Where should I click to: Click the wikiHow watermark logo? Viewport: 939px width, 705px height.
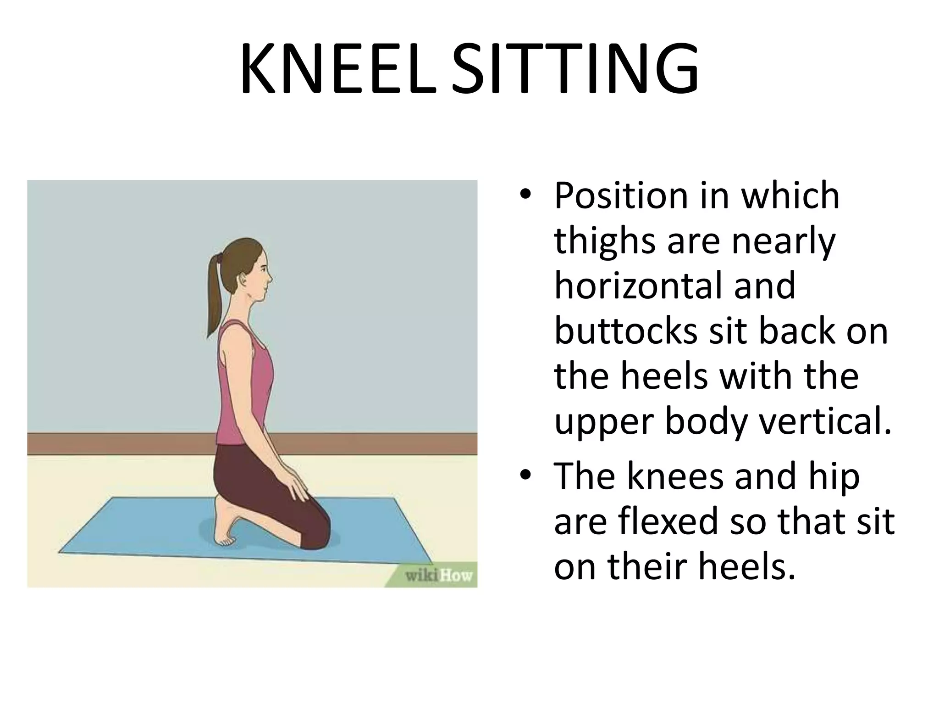pyautogui.click(x=438, y=575)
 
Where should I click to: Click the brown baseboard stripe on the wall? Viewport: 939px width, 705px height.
pyautogui.click(x=367, y=443)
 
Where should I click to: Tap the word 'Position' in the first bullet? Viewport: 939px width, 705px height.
pyautogui.click(x=621, y=196)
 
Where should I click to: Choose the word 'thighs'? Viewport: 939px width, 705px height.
pyautogui.click(x=604, y=241)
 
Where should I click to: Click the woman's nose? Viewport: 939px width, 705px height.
pyautogui.click(x=270, y=277)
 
